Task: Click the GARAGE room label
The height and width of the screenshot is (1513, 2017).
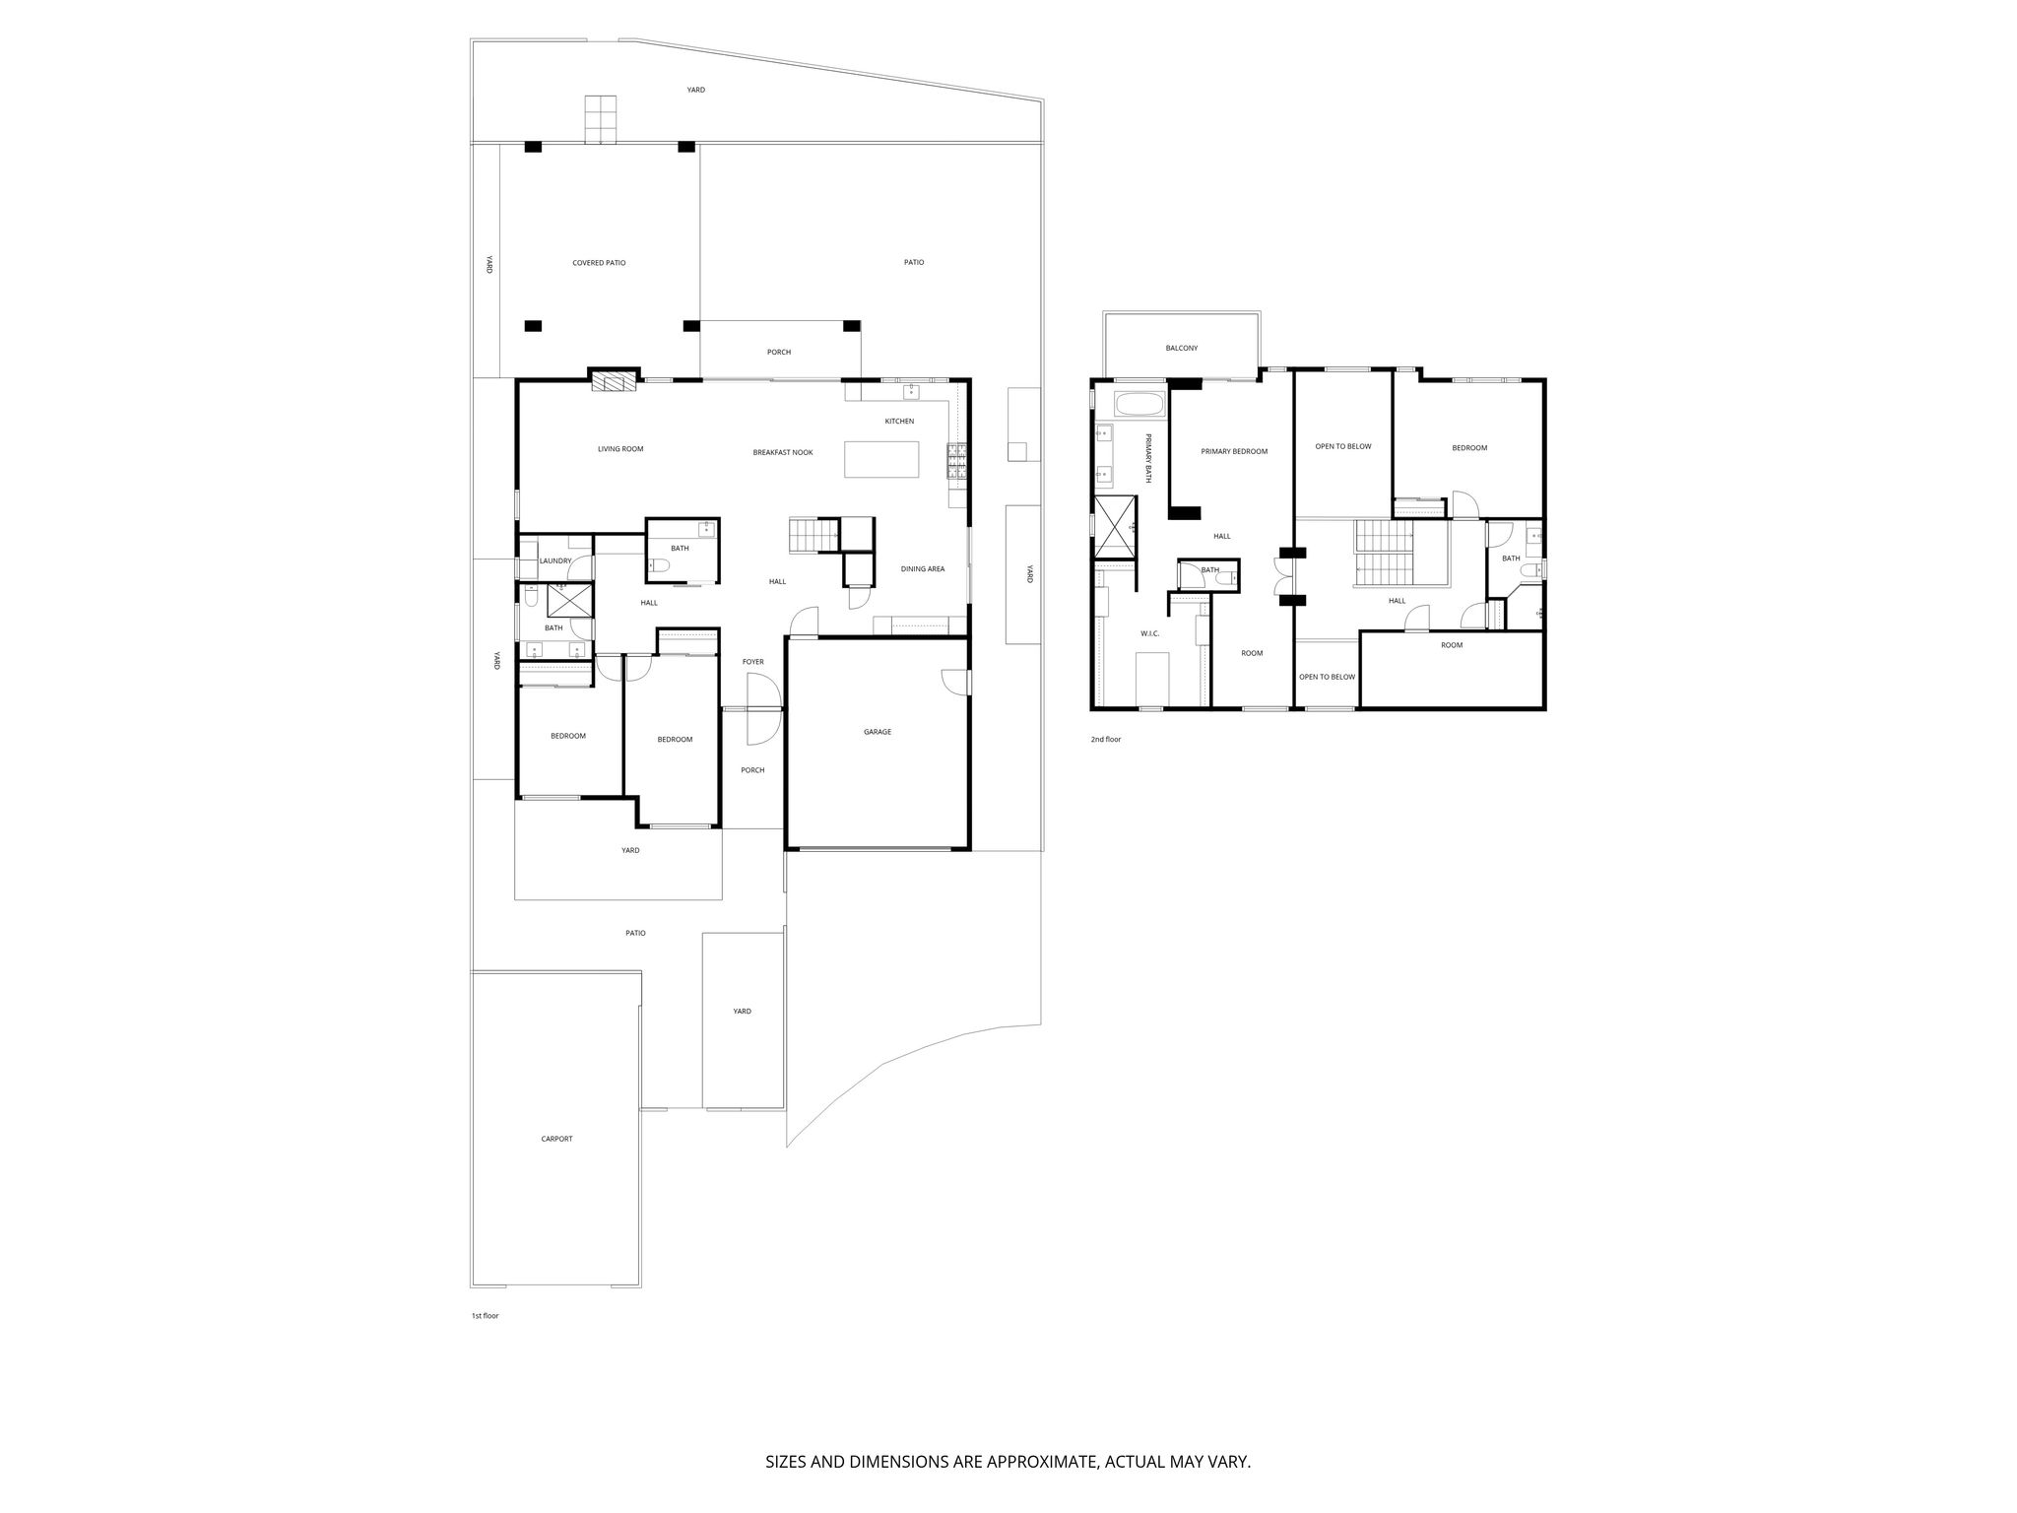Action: (x=878, y=732)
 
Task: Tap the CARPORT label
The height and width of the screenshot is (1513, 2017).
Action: (x=556, y=1139)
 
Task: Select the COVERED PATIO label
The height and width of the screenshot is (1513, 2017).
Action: (x=599, y=263)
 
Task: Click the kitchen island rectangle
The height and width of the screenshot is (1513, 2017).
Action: (x=881, y=459)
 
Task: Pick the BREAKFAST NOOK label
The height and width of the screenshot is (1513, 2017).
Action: (x=783, y=452)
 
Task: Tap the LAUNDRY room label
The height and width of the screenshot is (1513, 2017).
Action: (x=555, y=561)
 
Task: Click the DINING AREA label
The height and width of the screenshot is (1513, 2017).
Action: (x=923, y=568)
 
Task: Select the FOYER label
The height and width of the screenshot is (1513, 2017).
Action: (x=753, y=662)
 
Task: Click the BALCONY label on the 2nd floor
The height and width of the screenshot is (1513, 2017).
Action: (x=1182, y=348)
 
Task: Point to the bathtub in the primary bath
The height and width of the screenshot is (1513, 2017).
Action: (x=1139, y=406)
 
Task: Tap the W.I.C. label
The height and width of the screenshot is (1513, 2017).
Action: (x=1150, y=633)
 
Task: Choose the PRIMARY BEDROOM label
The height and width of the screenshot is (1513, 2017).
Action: (x=1234, y=451)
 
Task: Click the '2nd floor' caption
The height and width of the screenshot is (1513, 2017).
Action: (x=1105, y=739)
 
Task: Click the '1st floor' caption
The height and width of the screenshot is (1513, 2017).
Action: (x=485, y=1315)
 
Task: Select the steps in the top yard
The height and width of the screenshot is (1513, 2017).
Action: (x=600, y=119)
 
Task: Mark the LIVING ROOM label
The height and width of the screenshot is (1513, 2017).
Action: (x=620, y=449)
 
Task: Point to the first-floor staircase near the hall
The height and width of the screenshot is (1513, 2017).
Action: (x=813, y=536)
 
